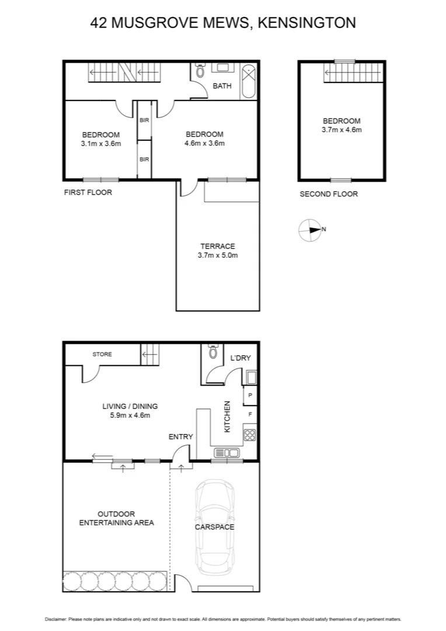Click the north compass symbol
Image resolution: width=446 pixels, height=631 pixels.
pyautogui.click(x=309, y=230)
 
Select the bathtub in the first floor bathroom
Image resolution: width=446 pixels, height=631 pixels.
pyautogui.click(x=249, y=81)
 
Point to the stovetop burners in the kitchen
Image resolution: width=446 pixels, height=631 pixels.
pyautogui.click(x=249, y=434)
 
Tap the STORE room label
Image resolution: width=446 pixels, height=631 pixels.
pyautogui.click(x=102, y=354)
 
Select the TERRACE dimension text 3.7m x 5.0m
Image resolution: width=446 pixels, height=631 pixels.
pyautogui.click(x=218, y=255)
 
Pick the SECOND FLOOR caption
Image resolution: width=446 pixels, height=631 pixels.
pyautogui.click(x=329, y=194)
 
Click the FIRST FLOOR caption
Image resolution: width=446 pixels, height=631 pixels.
pyautogui.click(x=88, y=192)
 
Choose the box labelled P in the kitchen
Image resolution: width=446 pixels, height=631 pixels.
pyautogui.click(x=250, y=396)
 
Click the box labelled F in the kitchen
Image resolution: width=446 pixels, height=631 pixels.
pyautogui.click(x=250, y=414)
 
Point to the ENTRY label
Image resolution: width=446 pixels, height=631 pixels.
pyautogui.click(x=180, y=436)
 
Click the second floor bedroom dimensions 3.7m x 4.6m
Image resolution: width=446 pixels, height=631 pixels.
pyautogui.click(x=342, y=130)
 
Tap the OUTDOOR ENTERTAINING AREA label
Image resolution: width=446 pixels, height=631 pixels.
pyautogui.click(x=117, y=518)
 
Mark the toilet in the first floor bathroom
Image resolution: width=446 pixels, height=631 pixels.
pyautogui.click(x=200, y=72)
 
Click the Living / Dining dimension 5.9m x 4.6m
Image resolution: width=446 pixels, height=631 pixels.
pyautogui.click(x=130, y=415)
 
